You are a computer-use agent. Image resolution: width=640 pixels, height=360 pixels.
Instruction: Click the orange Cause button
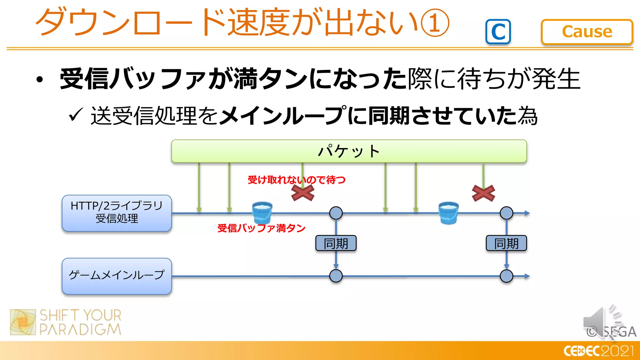pyautogui.click(x=587, y=32)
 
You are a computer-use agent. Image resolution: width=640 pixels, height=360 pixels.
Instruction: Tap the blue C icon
pyautogui.click(x=498, y=32)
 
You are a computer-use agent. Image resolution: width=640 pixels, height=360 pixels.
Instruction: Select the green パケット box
pyautogui.click(x=349, y=151)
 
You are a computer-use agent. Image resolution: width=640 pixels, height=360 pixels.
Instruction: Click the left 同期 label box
pyautogui.click(x=336, y=243)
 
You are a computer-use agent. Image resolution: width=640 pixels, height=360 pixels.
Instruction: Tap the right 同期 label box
pyautogui.click(x=506, y=243)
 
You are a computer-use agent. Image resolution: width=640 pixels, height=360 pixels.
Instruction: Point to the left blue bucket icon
pyautogui.click(x=262, y=213)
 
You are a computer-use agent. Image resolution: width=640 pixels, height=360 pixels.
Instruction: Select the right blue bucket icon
pyautogui.click(x=448, y=213)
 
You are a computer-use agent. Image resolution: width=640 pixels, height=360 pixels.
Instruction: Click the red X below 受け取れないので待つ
pyautogui.click(x=302, y=192)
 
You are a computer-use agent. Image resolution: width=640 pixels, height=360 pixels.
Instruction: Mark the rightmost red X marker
pyautogui.click(x=483, y=193)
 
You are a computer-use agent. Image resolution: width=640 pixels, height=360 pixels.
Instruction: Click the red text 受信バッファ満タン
pyautogui.click(x=261, y=228)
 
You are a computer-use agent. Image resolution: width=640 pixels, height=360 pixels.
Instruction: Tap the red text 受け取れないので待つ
pyautogui.click(x=296, y=180)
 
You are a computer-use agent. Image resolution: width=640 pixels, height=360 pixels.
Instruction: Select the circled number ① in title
pyautogui.click(x=435, y=22)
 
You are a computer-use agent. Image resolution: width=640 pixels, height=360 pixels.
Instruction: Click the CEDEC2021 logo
pyautogui.click(x=598, y=351)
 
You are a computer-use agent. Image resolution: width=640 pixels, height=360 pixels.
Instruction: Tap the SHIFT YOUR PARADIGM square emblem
pyautogui.click(x=23, y=322)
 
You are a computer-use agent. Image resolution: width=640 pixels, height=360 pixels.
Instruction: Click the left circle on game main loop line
pyautogui.click(x=336, y=276)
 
